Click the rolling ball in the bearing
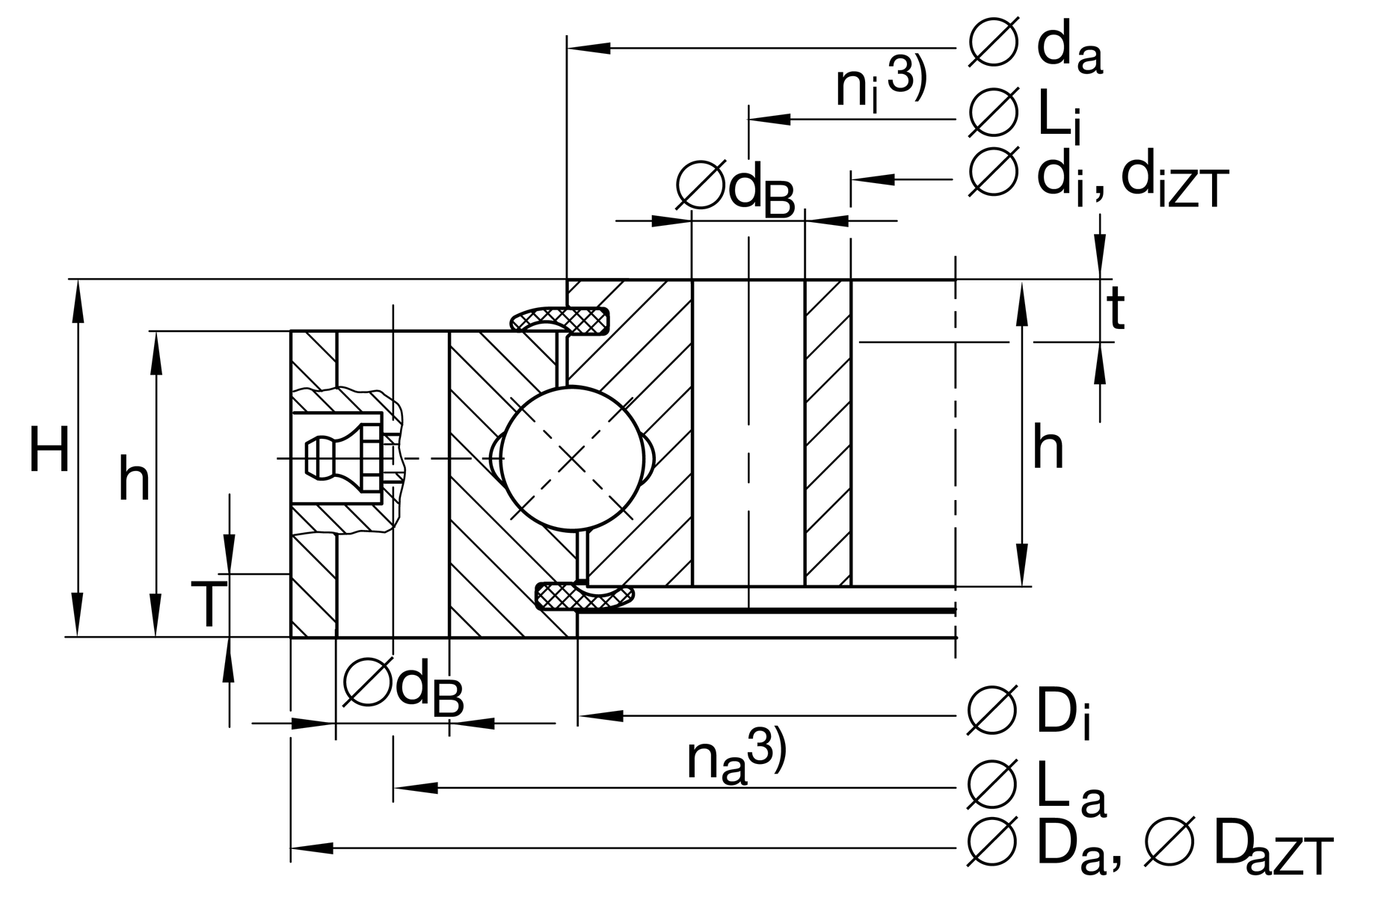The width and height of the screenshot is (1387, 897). pos(571,458)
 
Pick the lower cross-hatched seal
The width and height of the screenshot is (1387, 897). pos(585,596)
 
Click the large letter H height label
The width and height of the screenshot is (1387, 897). pos(49,450)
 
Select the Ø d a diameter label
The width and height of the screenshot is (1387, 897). pos(1036,48)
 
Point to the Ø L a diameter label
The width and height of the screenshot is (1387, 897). pos(1036,788)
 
